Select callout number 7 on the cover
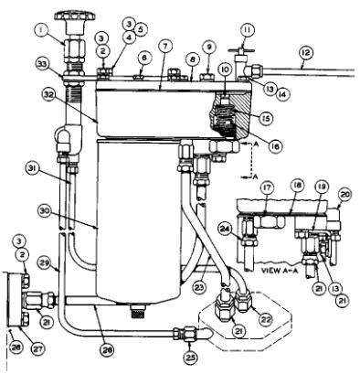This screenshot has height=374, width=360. pos(164,45)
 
